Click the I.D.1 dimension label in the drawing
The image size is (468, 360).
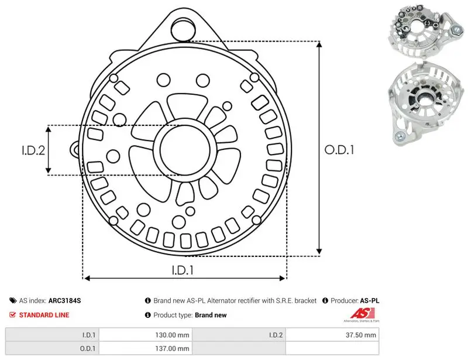[183, 270]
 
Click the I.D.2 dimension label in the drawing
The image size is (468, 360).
[33, 150]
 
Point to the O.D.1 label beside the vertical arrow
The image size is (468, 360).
[339, 150]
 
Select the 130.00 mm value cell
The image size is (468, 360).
[172, 335]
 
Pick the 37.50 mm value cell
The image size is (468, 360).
[361, 335]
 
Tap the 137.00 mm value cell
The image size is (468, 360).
[172, 348]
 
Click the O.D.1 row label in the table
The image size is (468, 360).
[87, 348]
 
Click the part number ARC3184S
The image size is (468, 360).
[64, 300]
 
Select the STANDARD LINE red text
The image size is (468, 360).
[44, 315]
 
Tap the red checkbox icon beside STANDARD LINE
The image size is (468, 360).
[12, 314]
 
